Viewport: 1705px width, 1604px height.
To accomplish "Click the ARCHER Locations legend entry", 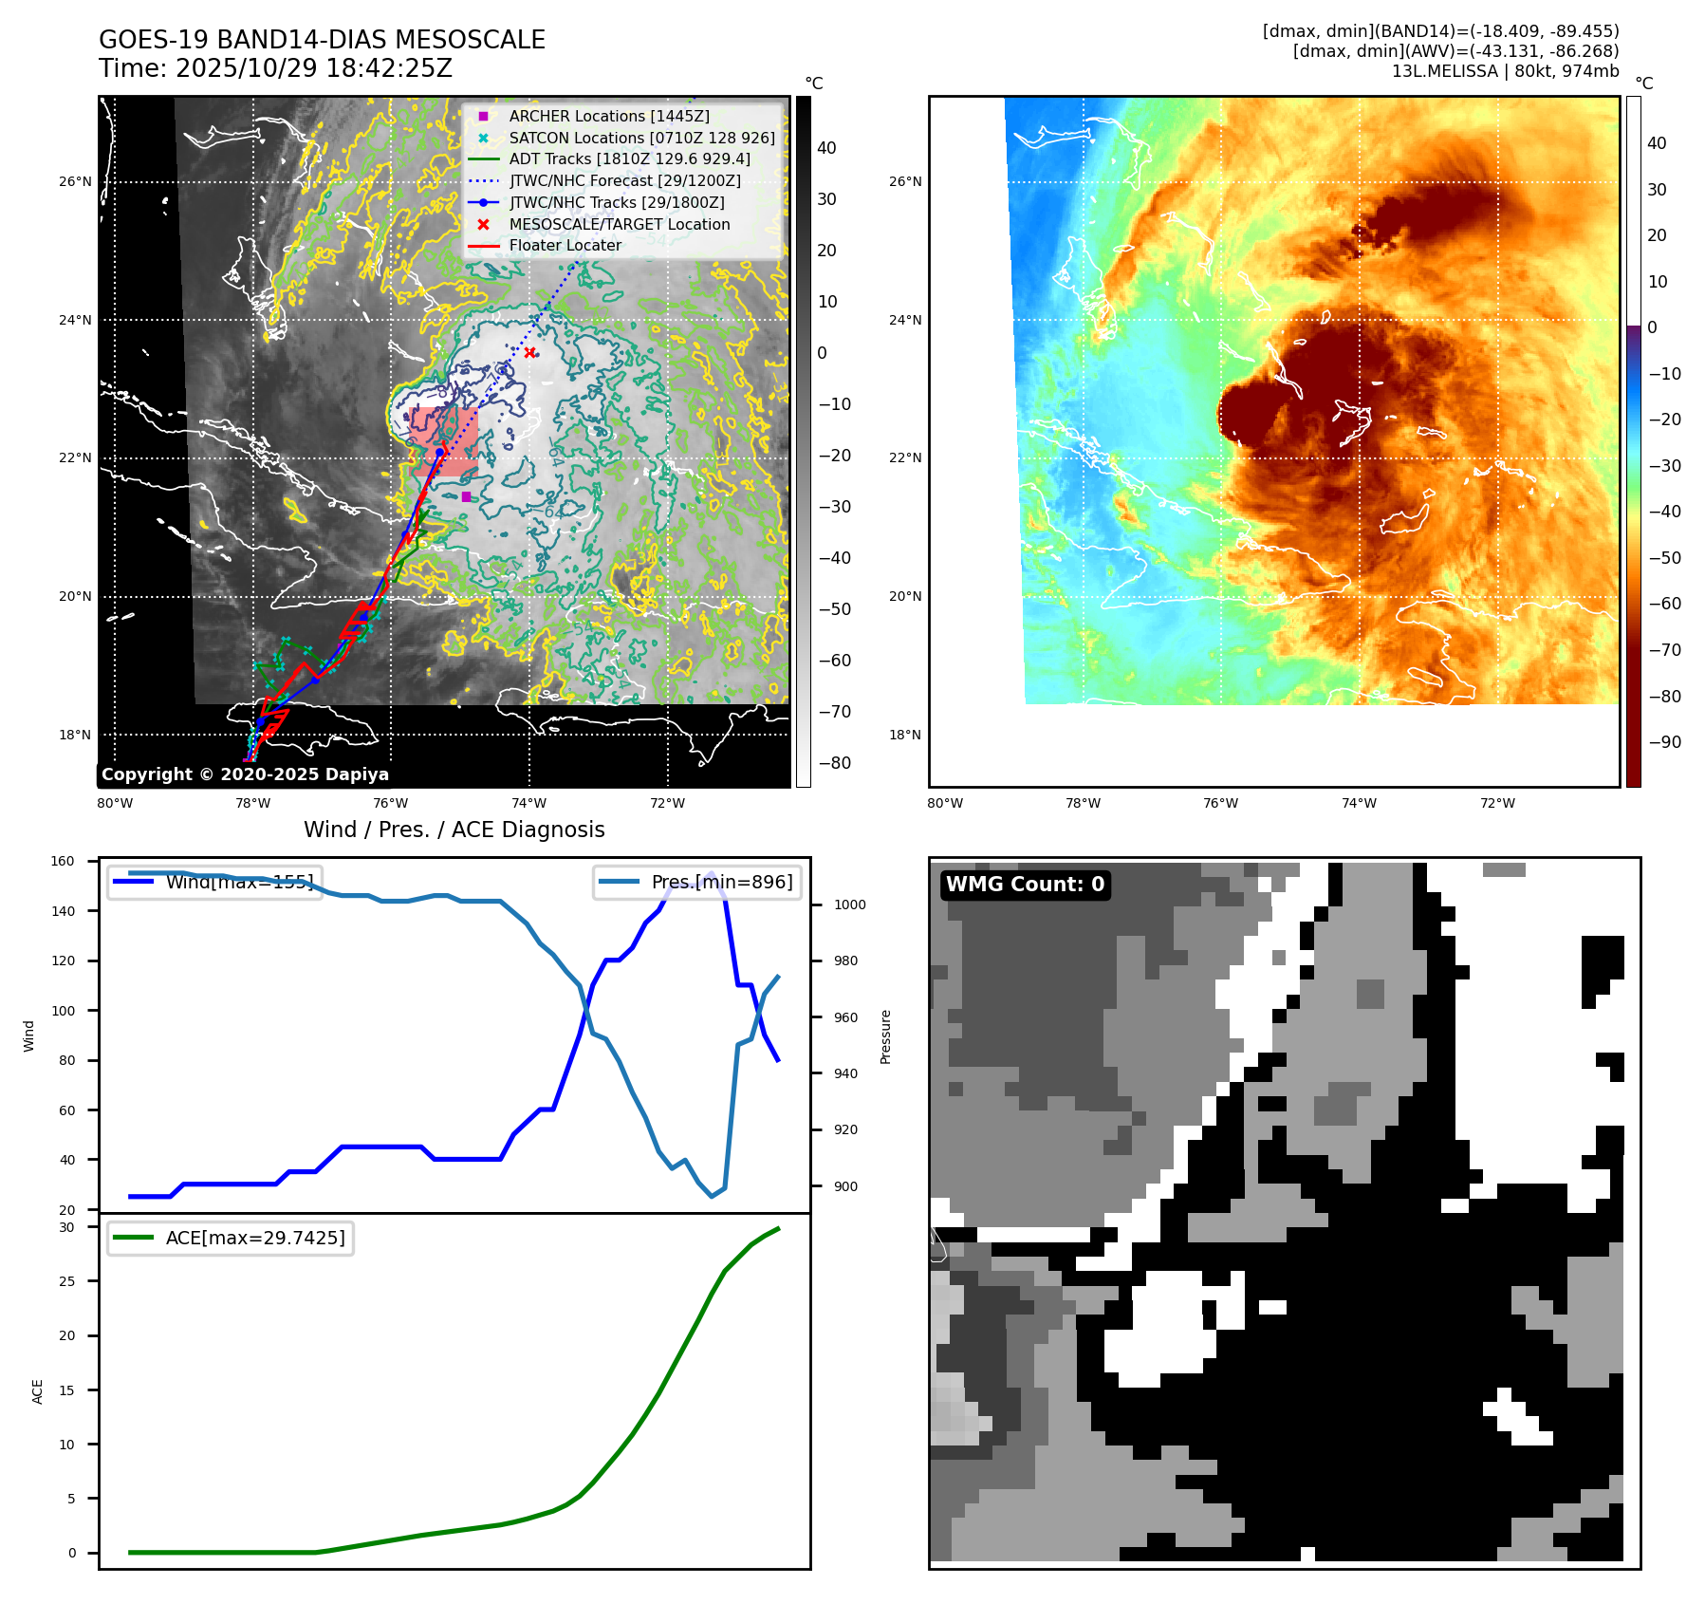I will [608, 116].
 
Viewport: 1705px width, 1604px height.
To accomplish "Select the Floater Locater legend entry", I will [565, 245].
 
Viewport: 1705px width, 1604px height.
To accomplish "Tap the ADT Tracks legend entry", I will [629, 159].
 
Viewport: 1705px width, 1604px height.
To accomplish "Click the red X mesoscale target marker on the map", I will [529, 353].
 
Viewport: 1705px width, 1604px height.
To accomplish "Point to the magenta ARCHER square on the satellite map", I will [466, 496].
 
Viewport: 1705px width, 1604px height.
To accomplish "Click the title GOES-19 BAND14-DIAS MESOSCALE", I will [322, 40].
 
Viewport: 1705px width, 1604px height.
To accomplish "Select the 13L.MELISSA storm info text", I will [1505, 71].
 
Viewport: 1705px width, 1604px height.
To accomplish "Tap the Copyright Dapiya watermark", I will [245, 774].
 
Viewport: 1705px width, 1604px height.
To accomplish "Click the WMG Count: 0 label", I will [1025, 885].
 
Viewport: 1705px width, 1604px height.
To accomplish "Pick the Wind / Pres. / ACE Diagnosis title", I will [454, 830].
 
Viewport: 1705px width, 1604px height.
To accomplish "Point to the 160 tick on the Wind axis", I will [63, 862].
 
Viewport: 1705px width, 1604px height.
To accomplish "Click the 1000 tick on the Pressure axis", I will [849, 905].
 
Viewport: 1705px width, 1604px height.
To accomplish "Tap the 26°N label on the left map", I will [76, 182].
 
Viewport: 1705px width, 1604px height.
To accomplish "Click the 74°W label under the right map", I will [1359, 803].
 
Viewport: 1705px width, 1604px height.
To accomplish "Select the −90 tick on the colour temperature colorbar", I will [1664, 742].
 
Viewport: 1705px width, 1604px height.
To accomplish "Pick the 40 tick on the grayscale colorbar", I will [826, 148].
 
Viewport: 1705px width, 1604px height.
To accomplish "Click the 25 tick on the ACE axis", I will [66, 1281].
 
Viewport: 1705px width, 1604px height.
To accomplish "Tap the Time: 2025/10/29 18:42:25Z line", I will [275, 68].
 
